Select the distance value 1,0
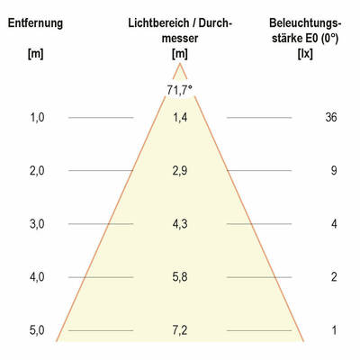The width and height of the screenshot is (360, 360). [x=37, y=117]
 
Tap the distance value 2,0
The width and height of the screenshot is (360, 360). [x=37, y=170]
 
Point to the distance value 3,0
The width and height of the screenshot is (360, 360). [x=37, y=223]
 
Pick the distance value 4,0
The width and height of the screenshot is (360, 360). [x=37, y=277]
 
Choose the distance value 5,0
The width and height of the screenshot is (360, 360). [x=37, y=330]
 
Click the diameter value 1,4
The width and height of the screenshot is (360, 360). [x=179, y=117]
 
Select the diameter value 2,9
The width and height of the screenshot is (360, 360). [x=179, y=170]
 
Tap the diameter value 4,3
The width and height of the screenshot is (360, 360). [x=179, y=223]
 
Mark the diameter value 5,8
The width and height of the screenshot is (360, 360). [x=179, y=277]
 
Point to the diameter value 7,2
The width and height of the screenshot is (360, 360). [x=179, y=330]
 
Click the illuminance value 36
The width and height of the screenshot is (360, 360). [x=330, y=117]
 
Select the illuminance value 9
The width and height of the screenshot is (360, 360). [x=333, y=170]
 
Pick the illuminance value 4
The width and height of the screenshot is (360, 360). [x=333, y=223]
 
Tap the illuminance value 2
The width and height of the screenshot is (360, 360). [x=333, y=277]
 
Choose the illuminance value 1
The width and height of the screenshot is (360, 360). [x=333, y=330]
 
